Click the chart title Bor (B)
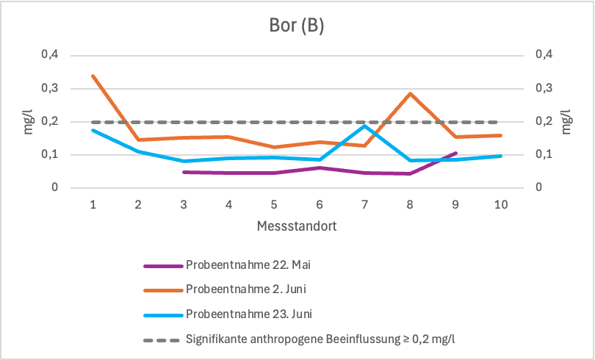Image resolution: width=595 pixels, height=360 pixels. click(x=297, y=26)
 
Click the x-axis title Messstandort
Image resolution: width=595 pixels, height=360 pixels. click(x=297, y=226)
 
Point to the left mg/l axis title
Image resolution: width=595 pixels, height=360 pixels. click(x=27, y=122)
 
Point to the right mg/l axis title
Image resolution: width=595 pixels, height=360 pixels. click(x=566, y=122)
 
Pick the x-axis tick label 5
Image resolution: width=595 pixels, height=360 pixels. click(x=274, y=204)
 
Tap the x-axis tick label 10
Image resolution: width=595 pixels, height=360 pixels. click(x=500, y=204)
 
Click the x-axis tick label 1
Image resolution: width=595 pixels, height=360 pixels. click(x=93, y=204)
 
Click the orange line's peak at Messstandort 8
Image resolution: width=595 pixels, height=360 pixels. click(x=410, y=93)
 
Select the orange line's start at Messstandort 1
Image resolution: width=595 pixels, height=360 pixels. click(x=93, y=76)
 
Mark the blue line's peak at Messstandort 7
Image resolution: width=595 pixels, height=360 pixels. click(x=364, y=126)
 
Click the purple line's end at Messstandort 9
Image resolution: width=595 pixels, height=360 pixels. click(x=455, y=153)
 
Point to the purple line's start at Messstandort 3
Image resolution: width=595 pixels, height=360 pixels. click(x=184, y=172)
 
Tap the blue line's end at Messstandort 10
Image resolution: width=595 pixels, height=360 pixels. click(x=500, y=156)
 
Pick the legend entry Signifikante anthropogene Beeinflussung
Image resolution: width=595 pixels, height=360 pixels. click(x=323, y=338)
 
